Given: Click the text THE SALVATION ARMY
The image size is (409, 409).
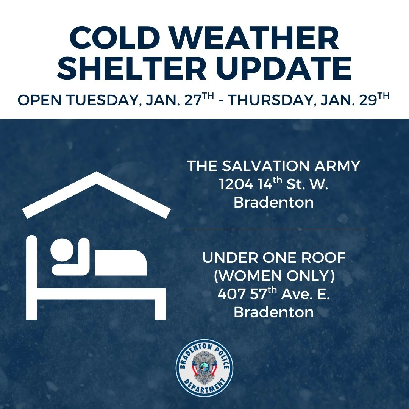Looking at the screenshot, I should pyautogui.click(x=273, y=166).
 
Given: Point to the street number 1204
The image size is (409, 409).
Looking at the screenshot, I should pyautogui.click(x=236, y=184).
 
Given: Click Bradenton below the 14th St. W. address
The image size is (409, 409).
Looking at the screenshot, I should pyautogui.click(x=273, y=202).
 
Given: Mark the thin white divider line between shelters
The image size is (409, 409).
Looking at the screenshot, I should pyautogui.click(x=276, y=229).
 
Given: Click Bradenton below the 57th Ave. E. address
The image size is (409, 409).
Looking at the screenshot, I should pyautogui.click(x=273, y=312).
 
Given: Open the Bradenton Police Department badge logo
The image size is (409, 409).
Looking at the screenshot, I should pyautogui.click(x=204, y=368).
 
